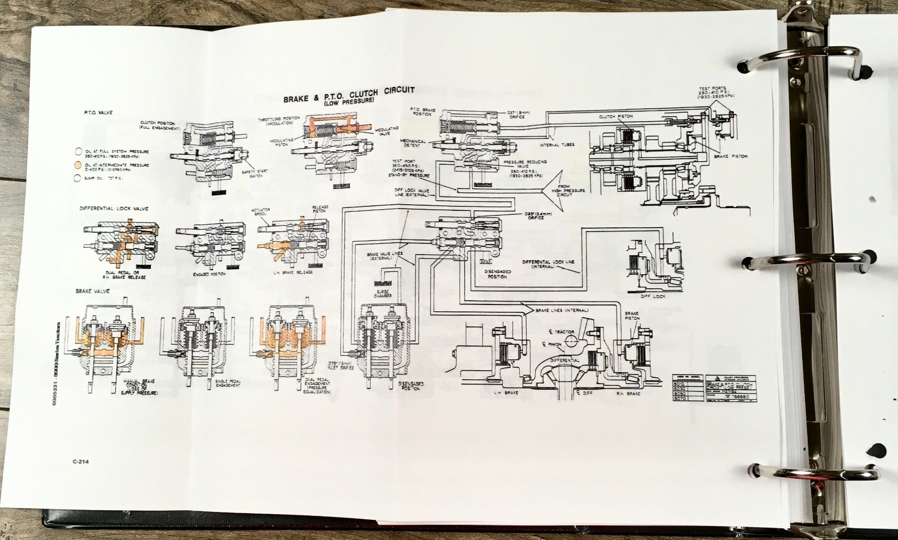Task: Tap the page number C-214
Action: tap(82, 461)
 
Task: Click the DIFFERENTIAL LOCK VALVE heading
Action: tap(114, 209)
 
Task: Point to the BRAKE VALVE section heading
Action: tap(93, 292)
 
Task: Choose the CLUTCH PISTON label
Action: tap(616, 117)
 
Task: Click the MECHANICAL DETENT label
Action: tap(413, 144)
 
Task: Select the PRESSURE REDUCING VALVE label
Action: tap(525, 165)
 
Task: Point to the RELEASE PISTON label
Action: tap(320, 209)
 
